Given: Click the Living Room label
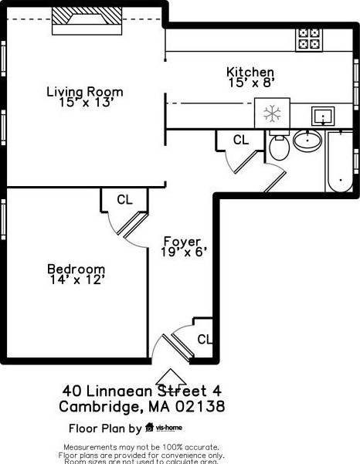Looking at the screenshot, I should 84,92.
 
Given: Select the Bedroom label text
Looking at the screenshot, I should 76,269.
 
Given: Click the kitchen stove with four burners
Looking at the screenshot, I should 310,39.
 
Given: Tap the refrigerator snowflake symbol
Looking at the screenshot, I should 272,114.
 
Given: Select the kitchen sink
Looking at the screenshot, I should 322,117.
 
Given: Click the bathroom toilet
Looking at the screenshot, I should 279,146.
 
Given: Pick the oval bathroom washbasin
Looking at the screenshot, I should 308,141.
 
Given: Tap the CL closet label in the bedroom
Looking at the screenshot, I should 124,199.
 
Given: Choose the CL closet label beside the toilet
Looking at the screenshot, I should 241,140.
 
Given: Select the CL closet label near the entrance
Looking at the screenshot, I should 205,339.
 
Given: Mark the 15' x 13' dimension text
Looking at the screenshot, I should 84,103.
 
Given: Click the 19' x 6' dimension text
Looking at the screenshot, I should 183,252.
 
